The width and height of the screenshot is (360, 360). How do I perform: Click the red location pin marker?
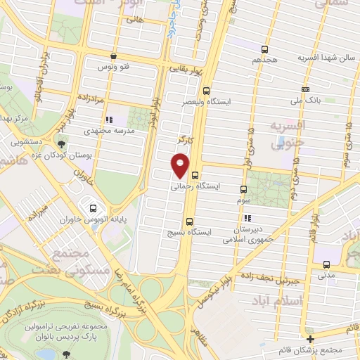(x=181, y=166)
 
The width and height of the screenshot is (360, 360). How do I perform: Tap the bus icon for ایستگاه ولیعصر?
(x=206, y=91)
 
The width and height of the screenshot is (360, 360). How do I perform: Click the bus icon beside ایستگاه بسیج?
(x=188, y=221)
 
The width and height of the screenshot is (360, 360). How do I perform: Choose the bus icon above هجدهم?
(x=264, y=49)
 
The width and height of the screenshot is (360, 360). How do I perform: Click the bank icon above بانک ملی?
(x=305, y=90)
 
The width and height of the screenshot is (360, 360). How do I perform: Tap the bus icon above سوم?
(x=243, y=189)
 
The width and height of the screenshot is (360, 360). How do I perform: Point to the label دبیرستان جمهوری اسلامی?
(x=247, y=235)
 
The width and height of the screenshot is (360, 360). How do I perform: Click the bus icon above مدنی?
(x=327, y=264)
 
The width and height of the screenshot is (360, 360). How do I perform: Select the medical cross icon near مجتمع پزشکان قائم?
(x=310, y=339)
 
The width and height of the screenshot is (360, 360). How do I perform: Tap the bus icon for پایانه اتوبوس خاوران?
(x=94, y=207)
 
